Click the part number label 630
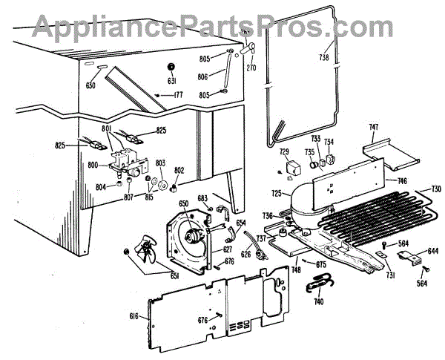click(x=90, y=85)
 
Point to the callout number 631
click(x=172, y=80)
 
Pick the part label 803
click(x=161, y=163)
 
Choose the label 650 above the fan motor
click(x=183, y=203)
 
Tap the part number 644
click(x=432, y=251)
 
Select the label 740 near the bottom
click(x=318, y=302)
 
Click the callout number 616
click(x=133, y=316)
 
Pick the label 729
click(x=284, y=151)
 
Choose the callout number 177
click(x=177, y=96)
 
